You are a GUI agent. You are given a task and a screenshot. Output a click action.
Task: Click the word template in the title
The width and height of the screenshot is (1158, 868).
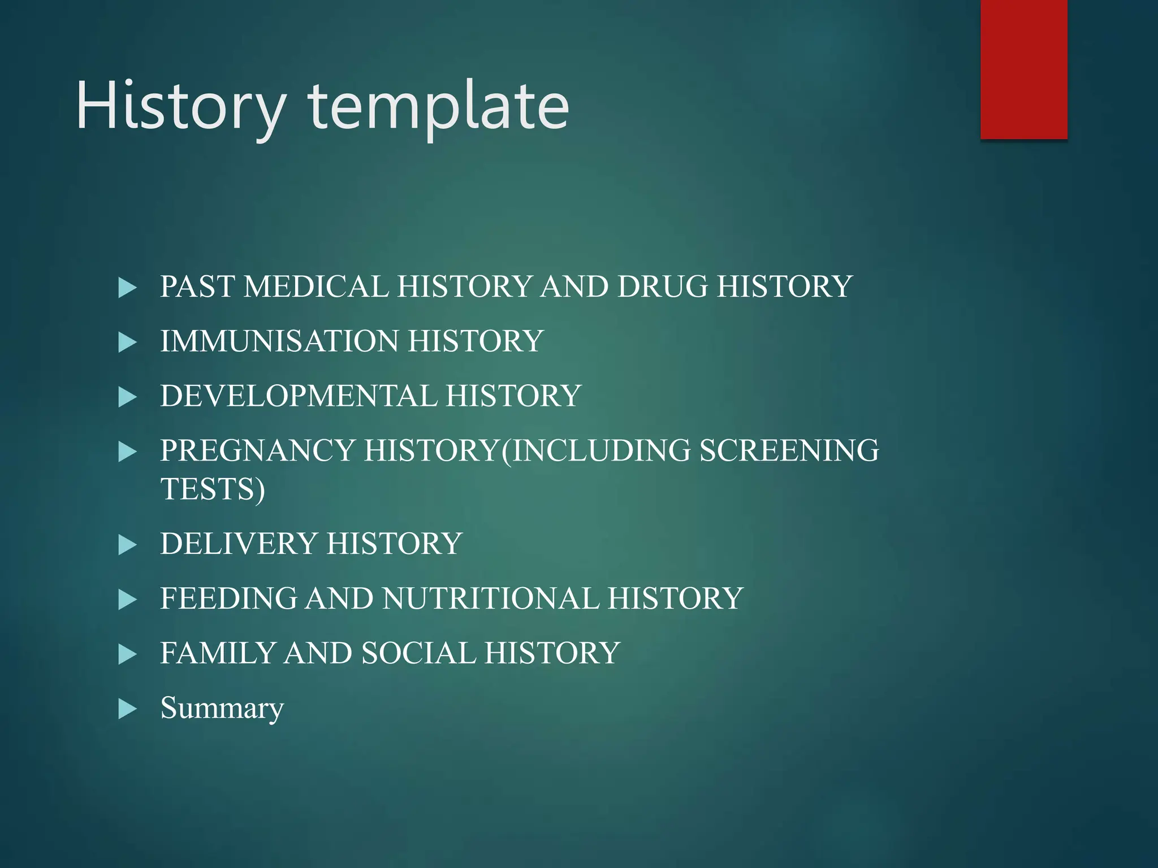[x=439, y=107]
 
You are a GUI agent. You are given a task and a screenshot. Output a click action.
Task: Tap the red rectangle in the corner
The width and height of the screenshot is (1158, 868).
[x=1023, y=69]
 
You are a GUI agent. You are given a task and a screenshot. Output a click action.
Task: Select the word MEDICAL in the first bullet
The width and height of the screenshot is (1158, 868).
[x=316, y=287]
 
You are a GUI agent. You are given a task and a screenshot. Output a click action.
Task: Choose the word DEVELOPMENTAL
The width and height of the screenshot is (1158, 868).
[x=299, y=396]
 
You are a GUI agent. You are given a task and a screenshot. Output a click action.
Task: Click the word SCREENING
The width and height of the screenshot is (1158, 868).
[x=789, y=451]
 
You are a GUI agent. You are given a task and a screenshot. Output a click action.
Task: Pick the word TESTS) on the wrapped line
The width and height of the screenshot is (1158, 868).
[x=213, y=489]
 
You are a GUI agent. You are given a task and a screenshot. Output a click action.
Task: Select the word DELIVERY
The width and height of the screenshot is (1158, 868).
[x=239, y=544]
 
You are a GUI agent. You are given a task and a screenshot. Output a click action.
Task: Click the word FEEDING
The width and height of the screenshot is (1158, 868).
[x=228, y=598]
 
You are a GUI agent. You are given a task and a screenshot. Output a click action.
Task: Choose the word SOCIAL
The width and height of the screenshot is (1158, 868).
[x=418, y=653]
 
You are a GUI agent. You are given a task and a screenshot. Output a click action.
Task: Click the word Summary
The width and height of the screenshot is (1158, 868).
[x=222, y=708]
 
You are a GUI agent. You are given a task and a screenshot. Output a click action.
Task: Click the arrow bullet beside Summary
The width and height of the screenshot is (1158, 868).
[x=128, y=709]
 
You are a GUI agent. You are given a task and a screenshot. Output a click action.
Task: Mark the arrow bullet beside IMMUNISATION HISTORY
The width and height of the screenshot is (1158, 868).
[x=128, y=342]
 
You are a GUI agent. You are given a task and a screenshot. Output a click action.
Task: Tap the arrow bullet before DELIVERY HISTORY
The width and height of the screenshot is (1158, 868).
[x=128, y=545]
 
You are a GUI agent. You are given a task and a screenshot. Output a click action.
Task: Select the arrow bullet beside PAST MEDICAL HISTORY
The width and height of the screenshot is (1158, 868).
[x=128, y=288]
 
